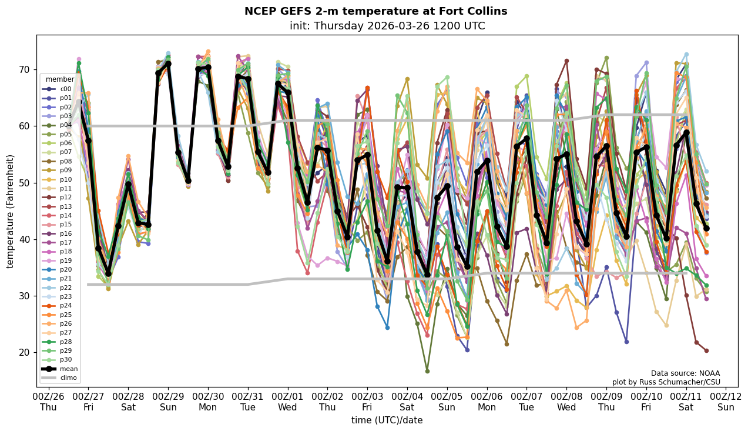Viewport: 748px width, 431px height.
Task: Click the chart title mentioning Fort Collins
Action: (x=375, y=12)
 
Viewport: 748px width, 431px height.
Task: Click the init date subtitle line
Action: (x=387, y=26)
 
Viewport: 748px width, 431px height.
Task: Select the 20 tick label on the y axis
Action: (x=24, y=353)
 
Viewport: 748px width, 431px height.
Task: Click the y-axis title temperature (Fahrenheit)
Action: (x=11, y=211)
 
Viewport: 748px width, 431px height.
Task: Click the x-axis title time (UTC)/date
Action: (x=387, y=420)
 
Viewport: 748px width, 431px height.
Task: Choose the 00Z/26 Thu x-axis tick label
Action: (x=48, y=402)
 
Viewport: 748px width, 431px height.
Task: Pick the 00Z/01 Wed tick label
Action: (x=288, y=402)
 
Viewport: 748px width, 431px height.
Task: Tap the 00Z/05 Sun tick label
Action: (x=447, y=402)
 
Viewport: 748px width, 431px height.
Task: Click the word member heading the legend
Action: (x=60, y=79)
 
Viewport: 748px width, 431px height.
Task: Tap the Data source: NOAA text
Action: (x=685, y=373)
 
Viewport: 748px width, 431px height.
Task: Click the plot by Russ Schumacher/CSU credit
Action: (x=666, y=382)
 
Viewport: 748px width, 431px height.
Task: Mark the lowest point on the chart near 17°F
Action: (x=427, y=371)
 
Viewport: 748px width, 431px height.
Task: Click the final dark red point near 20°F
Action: (x=706, y=350)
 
